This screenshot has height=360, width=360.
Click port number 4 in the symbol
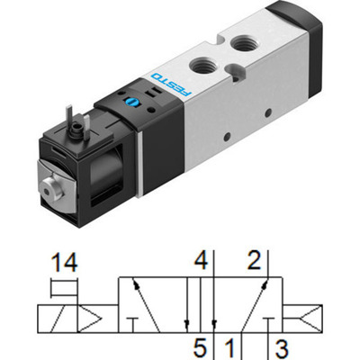202,262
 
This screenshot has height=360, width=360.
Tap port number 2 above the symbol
254,262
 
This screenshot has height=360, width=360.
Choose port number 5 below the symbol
202,346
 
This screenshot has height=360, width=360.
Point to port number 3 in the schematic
280,346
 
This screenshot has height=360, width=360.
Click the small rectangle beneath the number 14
63,289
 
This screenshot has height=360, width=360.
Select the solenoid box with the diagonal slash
51,317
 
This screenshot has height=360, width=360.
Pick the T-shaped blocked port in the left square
133,324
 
